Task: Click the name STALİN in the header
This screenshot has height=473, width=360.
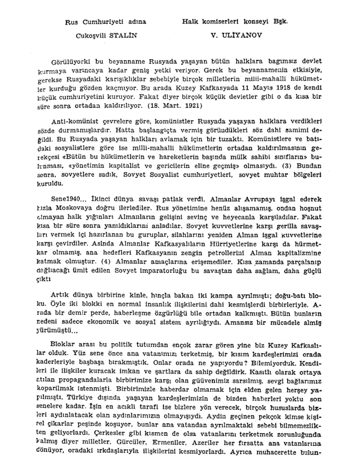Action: [123, 35]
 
